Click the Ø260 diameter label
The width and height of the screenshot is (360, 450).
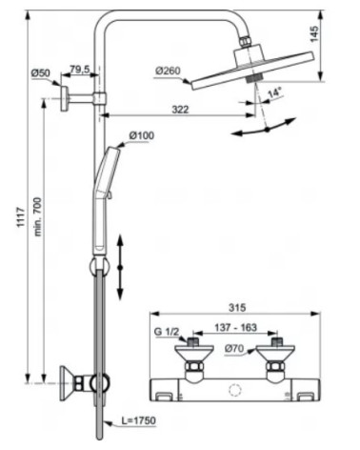[x=169, y=70]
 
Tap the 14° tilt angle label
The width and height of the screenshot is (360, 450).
[x=273, y=93]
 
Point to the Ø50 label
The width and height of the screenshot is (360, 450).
[x=41, y=72]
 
